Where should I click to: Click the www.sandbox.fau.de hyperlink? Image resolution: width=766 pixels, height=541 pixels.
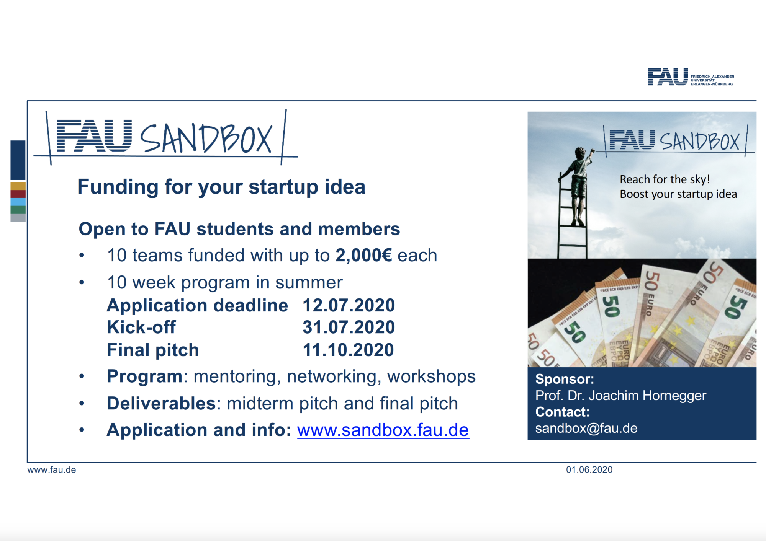(x=383, y=430)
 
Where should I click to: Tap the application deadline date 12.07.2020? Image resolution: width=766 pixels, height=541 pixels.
(x=349, y=305)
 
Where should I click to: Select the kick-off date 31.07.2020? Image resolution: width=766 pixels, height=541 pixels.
(x=349, y=327)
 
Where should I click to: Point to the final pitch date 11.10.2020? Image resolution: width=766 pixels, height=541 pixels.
(x=348, y=350)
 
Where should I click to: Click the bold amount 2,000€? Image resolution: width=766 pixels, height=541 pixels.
(x=364, y=256)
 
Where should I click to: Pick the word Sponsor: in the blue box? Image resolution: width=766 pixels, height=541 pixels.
(x=565, y=379)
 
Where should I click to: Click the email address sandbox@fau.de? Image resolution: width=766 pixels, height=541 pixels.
(x=586, y=428)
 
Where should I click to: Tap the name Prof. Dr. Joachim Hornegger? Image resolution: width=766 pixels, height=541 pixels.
(x=620, y=396)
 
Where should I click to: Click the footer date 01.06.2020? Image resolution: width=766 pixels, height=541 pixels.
(x=589, y=470)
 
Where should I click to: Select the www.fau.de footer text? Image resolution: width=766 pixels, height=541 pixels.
(x=52, y=470)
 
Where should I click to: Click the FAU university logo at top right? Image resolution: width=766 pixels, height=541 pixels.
(x=691, y=77)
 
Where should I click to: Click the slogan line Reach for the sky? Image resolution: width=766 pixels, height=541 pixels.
(x=665, y=179)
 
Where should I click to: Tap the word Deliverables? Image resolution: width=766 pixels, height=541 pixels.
(x=161, y=403)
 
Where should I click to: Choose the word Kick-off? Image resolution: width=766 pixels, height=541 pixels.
(x=141, y=327)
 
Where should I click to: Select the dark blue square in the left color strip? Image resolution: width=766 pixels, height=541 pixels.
(x=18, y=160)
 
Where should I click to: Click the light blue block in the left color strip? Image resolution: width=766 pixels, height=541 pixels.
(x=18, y=202)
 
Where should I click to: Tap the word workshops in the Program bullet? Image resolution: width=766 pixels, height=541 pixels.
(x=431, y=377)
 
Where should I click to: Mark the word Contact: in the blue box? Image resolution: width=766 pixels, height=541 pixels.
(x=562, y=412)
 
